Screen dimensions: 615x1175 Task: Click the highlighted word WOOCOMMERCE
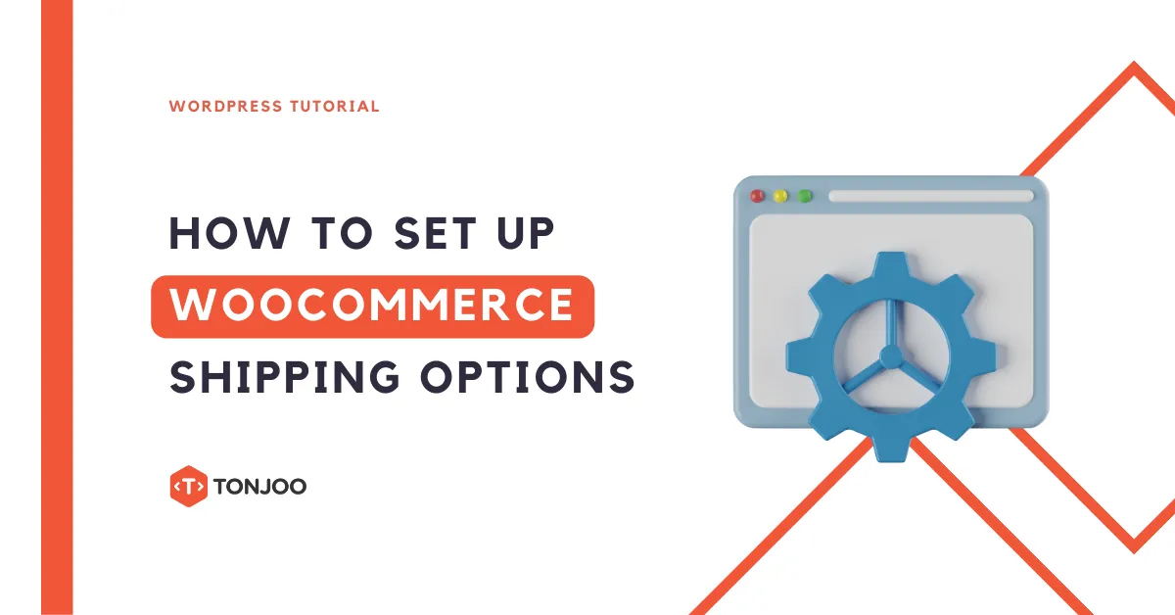(372, 307)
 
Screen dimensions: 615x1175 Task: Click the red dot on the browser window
(757, 196)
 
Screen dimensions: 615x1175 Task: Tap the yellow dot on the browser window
(780, 196)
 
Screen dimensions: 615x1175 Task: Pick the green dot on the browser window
(805, 196)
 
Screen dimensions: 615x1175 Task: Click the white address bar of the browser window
(930, 196)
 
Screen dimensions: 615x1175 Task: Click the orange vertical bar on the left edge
(57, 307)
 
